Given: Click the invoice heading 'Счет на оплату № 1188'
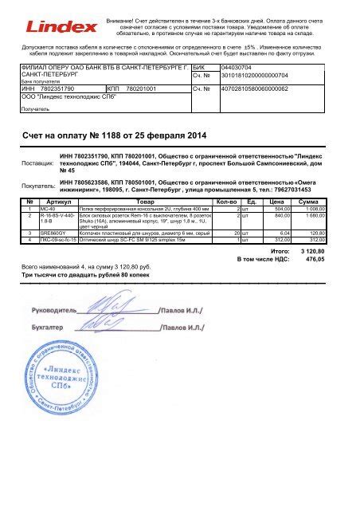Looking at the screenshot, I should click(x=101, y=136).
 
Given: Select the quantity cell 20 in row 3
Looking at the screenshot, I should click(x=237, y=233).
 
